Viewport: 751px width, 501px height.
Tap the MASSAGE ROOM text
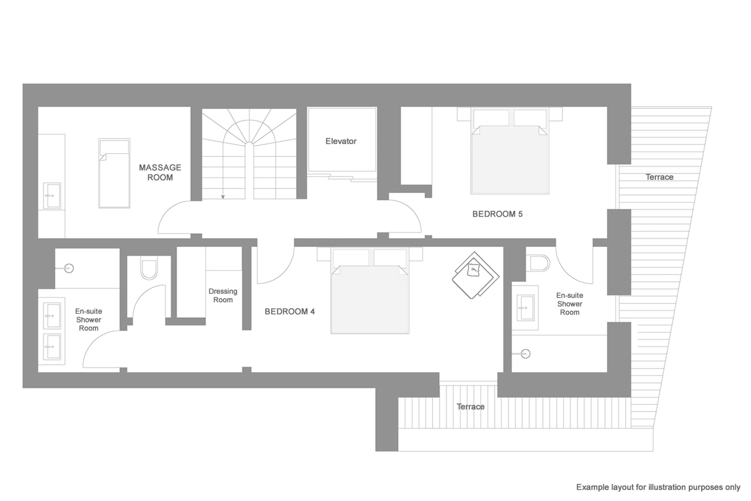click(x=160, y=172)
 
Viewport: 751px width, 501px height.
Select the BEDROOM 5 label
click(x=497, y=214)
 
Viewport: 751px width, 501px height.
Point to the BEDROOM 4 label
click(x=289, y=311)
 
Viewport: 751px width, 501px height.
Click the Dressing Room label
click(x=223, y=296)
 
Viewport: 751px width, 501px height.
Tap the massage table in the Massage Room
click(x=114, y=173)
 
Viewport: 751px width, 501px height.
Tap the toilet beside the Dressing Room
click(x=149, y=268)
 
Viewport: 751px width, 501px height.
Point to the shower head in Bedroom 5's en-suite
click(x=525, y=354)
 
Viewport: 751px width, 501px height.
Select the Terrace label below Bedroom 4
click(x=470, y=407)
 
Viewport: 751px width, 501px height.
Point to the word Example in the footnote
click(x=592, y=487)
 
